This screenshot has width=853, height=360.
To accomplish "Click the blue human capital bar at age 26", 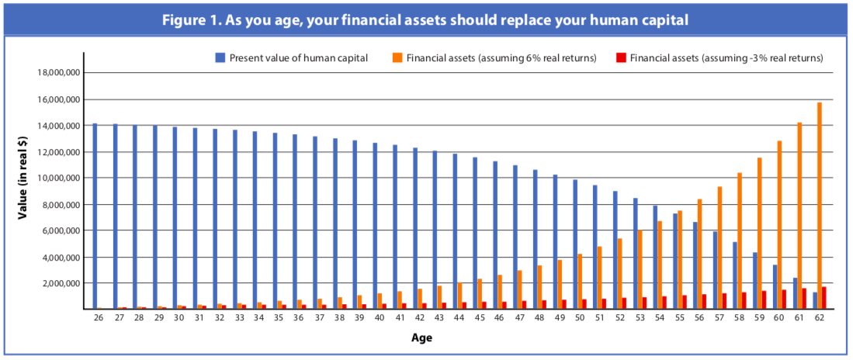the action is point(95,216).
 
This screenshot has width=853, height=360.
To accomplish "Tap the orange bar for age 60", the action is point(779,225).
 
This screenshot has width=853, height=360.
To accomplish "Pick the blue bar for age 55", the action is point(675,261).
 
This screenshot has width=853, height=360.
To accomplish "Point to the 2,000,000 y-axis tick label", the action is point(60,283).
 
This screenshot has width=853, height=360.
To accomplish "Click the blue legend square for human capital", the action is point(220,57).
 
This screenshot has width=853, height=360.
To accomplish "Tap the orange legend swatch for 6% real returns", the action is point(397,57).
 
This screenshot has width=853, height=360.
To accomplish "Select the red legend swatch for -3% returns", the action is point(620,57).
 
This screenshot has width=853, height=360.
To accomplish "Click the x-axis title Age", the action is point(422,338).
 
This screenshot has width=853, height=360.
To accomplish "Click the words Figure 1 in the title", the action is point(189,20).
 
